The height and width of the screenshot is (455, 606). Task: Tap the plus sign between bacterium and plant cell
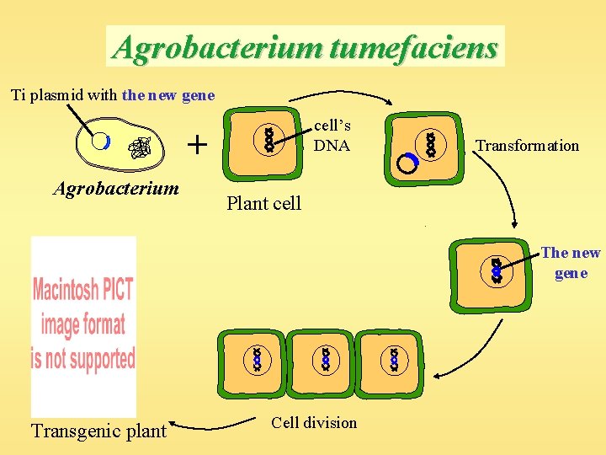(x=197, y=145)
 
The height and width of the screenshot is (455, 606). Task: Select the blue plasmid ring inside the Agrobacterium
(x=101, y=142)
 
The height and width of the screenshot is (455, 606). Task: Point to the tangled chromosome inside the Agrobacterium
(x=139, y=149)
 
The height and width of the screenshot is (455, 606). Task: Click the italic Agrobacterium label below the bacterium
(x=116, y=187)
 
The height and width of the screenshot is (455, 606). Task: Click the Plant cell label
(x=263, y=203)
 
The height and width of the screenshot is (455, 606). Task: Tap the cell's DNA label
(x=332, y=135)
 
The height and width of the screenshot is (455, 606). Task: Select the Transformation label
(x=527, y=146)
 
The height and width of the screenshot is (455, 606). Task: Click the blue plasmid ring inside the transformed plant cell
(x=407, y=163)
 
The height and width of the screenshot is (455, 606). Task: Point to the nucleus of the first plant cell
(x=269, y=140)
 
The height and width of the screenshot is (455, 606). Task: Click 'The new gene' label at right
(x=571, y=262)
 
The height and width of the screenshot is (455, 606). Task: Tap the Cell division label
(x=314, y=423)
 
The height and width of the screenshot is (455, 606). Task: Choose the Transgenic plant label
(x=98, y=431)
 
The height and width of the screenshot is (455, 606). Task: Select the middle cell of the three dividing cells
(x=322, y=362)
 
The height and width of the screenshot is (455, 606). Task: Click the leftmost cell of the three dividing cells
(x=252, y=362)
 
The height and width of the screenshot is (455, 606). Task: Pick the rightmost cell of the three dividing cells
(x=391, y=362)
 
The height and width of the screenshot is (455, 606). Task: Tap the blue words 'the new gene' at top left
(x=168, y=95)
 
